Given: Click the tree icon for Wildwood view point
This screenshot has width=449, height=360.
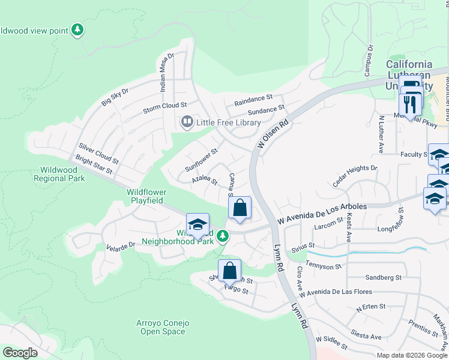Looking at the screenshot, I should tap(77, 29).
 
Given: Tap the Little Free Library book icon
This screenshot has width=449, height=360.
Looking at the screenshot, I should tap(187, 122).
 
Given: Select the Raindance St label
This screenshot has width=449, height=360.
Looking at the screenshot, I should tap(253, 97).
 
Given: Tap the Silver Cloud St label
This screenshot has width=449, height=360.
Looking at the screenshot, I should tap(99, 153).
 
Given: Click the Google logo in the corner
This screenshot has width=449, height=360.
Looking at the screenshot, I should tap(20, 353).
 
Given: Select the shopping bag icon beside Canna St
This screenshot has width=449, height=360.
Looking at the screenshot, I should tap(240, 208).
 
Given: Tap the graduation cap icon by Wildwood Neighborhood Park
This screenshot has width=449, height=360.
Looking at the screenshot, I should tap(197, 224).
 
